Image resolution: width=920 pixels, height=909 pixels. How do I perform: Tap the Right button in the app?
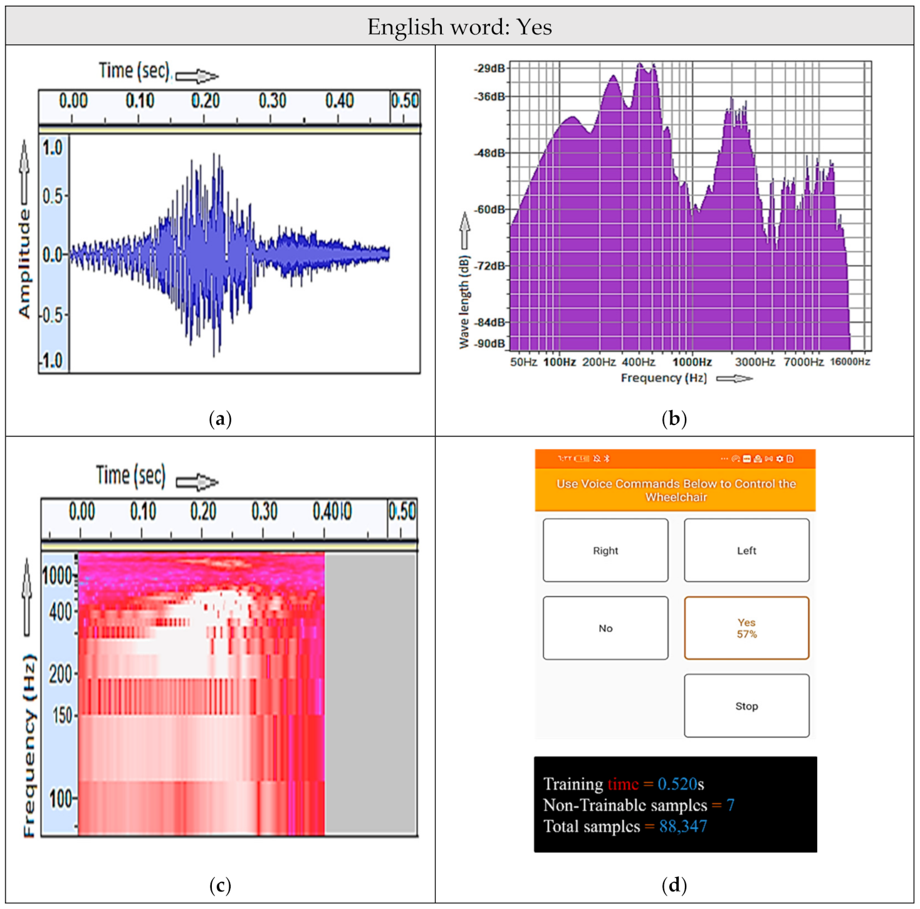(x=605, y=550)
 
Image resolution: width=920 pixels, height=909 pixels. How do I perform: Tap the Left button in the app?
(x=746, y=550)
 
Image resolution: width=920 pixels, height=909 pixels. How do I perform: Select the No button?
(x=605, y=628)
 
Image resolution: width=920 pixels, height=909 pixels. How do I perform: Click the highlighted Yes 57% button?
(x=746, y=628)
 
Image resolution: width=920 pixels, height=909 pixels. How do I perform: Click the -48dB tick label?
(x=489, y=153)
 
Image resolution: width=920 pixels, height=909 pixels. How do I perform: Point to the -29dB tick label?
(x=489, y=68)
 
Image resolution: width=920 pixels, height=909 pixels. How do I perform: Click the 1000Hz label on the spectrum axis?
(x=692, y=362)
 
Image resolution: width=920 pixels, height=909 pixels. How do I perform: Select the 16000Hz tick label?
(x=850, y=362)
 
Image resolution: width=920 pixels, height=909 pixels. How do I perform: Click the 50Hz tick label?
(x=523, y=362)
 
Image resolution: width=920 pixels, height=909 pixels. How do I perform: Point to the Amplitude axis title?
(x=24, y=263)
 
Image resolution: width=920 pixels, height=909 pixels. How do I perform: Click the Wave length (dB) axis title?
(x=464, y=302)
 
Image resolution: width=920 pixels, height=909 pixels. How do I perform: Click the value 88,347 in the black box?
(x=682, y=826)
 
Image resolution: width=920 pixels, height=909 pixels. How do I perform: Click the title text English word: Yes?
(x=459, y=27)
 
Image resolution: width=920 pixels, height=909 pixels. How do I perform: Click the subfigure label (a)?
(x=220, y=418)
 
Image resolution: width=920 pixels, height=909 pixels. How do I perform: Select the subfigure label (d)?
(x=674, y=885)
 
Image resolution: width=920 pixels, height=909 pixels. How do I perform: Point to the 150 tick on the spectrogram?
(x=62, y=715)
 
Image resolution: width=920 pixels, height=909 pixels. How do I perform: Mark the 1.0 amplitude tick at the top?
(x=53, y=148)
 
